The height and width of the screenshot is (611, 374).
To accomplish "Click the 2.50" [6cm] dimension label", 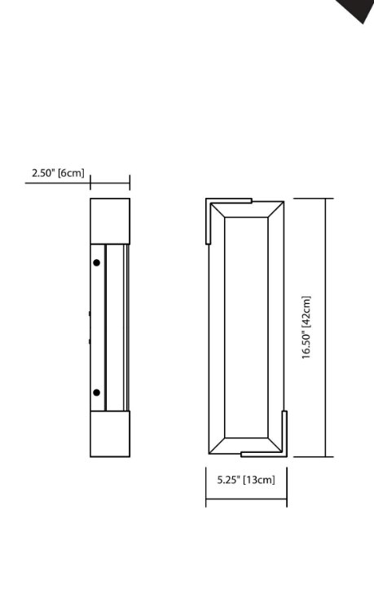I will pyautogui.click(x=57, y=173).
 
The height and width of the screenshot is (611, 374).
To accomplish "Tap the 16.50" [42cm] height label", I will pyautogui.click(x=307, y=327).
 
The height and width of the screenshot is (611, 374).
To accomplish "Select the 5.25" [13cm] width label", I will pyautogui.click(x=246, y=480).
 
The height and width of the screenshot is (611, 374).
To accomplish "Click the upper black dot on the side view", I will pyautogui.click(x=97, y=262).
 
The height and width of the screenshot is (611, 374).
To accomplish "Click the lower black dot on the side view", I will pyautogui.click(x=97, y=393).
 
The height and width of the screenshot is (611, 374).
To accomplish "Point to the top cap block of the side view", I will pyautogui.click(x=110, y=220).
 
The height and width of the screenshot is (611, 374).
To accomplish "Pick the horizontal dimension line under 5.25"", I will pyautogui.click(x=246, y=499).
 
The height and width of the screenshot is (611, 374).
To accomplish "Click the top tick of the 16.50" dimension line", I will pyautogui.click(x=326, y=198).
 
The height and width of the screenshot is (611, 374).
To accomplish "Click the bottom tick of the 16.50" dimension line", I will pyautogui.click(x=326, y=456).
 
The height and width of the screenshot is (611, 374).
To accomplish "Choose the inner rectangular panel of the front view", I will pyautogui.click(x=246, y=327).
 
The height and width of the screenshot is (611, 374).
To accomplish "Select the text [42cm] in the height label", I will pyautogui.click(x=307, y=310).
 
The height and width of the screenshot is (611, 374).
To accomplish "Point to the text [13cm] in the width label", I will pyautogui.click(x=259, y=480).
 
